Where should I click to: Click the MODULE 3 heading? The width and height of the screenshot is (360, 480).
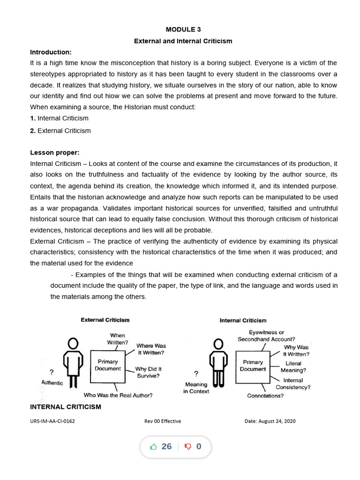pyautogui.click(x=183, y=30)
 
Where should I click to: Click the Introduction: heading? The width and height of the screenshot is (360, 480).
pyautogui.click(x=51, y=52)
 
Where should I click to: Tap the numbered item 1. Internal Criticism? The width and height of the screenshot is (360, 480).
pyautogui.click(x=59, y=119)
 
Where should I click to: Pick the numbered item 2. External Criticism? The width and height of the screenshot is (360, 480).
pyautogui.click(x=60, y=130)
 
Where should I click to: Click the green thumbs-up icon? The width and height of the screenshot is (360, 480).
pyautogui.click(x=153, y=447)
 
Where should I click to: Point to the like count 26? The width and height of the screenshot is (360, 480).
pyautogui.click(x=166, y=447)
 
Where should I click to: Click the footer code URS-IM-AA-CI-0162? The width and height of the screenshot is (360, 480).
pyautogui.click(x=52, y=421)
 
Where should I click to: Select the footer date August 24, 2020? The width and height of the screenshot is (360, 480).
pyautogui.click(x=270, y=421)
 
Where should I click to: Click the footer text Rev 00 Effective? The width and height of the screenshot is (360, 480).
pyautogui.click(x=163, y=421)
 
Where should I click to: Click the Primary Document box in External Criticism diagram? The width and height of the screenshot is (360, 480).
pyautogui.click(x=107, y=365)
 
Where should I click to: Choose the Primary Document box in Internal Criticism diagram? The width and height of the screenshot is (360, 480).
pyautogui.click(x=253, y=365)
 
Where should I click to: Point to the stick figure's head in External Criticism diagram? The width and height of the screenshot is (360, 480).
pyautogui.click(x=73, y=344)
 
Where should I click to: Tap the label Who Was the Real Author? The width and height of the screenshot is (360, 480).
pyautogui.click(x=118, y=395)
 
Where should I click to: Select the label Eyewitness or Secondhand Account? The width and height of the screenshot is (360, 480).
pyautogui.click(x=266, y=336)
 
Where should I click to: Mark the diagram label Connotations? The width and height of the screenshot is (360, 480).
pyautogui.click(x=265, y=396)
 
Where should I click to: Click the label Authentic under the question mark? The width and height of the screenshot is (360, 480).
pyautogui.click(x=52, y=383)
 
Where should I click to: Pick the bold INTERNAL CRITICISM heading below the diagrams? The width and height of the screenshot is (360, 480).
pyautogui.click(x=66, y=406)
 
